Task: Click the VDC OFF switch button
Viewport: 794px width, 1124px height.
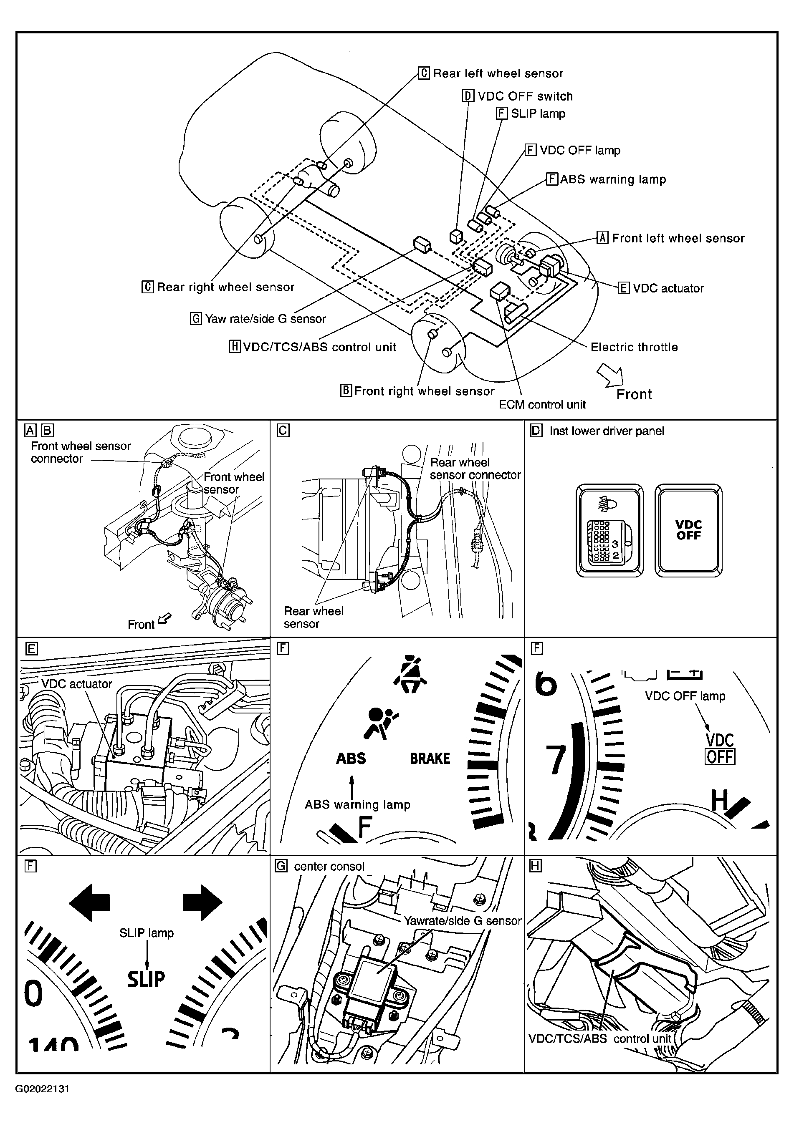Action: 688,530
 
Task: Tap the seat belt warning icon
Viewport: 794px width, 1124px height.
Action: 410,675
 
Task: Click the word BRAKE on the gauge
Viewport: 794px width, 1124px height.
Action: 430,759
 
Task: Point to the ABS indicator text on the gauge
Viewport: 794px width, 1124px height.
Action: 351,759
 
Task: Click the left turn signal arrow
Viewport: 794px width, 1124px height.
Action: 90,902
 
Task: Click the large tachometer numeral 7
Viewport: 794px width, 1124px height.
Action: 556,760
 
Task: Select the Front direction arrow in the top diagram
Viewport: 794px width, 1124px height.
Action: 609,376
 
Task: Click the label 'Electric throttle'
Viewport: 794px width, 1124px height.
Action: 634,347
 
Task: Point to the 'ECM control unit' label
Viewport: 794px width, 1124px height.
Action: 542,405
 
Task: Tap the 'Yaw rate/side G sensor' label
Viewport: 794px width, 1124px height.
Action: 265,319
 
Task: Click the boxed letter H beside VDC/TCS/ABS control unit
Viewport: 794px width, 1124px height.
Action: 235,347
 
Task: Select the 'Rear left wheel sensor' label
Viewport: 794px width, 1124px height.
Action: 498,73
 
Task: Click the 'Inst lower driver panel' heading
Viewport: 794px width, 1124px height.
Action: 607,431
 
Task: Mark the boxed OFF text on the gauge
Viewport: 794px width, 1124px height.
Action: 720,757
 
